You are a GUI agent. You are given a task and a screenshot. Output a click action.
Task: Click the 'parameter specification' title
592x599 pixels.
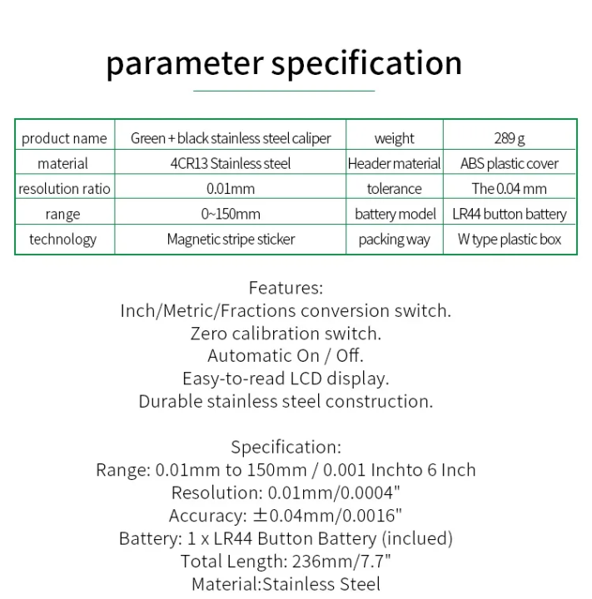click(284, 64)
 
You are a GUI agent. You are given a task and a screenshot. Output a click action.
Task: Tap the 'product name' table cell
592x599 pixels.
click(64, 138)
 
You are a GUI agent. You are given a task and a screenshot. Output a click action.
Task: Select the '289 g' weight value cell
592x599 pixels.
click(510, 138)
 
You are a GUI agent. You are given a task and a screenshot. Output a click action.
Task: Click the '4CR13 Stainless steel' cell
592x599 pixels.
click(231, 164)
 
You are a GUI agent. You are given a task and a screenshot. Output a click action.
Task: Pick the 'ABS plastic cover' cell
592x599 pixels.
click(510, 164)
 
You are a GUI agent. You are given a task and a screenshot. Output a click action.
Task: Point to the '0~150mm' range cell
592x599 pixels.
click(231, 214)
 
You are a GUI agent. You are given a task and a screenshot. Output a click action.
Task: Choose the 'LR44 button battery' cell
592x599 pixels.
click(510, 214)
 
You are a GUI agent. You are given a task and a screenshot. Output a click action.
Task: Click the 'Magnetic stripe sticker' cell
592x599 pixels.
click(231, 240)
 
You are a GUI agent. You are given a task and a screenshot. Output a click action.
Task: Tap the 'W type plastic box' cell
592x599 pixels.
click(510, 240)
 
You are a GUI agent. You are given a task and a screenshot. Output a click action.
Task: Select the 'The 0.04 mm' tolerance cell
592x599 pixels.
click(510, 189)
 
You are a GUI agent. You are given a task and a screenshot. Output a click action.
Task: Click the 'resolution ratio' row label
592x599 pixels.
click(64, 189)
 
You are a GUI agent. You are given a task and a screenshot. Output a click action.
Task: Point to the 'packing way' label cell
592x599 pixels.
click(394, 240)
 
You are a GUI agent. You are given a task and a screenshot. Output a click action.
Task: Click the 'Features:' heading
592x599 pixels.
click(286, 289)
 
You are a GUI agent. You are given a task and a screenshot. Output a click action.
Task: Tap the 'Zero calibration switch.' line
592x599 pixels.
click(286, 334)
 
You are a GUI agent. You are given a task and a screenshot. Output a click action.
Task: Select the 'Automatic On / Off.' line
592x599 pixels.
click(286, 356)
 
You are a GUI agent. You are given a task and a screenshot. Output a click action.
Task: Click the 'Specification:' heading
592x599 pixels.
click(286, 448)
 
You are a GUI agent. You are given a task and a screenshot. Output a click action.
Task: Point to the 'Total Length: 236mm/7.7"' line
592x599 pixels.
click(286, 562)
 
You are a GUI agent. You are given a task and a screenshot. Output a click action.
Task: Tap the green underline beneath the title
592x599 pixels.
click(284, 90)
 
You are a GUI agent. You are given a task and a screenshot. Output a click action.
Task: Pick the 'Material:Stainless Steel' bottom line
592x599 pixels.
click(286, 584)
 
